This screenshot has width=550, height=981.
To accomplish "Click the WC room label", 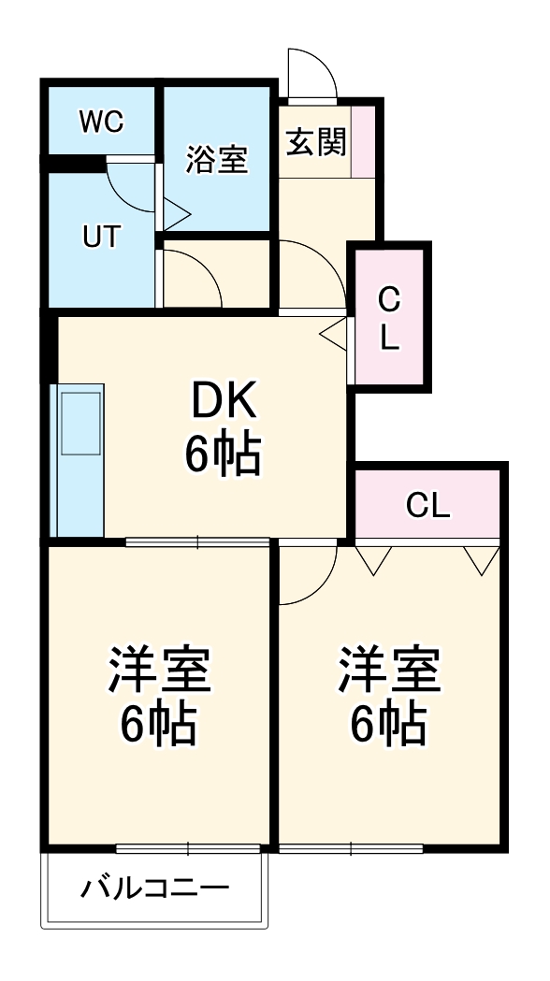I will (x=102, y=123).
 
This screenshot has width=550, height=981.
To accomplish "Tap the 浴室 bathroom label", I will (x=216, y=159).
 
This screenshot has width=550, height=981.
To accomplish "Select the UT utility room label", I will (x=100, y=237).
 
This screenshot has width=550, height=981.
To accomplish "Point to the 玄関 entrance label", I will (x=315, y=142).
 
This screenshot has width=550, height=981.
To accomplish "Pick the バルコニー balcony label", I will (x=154, y=887).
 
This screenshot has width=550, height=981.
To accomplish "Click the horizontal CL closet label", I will (x=427, y=506).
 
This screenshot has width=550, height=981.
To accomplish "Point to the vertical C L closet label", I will (x=389, y=318).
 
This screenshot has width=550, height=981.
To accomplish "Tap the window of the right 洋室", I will (x=351, y=848).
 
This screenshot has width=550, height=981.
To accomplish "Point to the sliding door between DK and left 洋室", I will (x=197, y=541).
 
